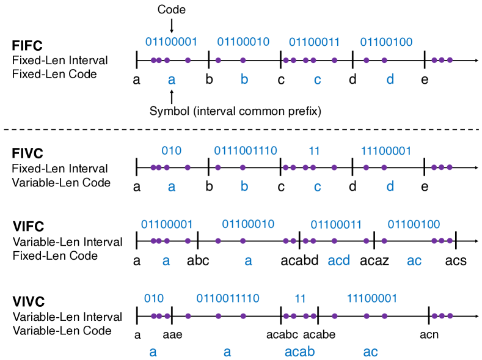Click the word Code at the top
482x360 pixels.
click(x=172, y=10)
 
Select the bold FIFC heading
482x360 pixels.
click(x=27, y=46)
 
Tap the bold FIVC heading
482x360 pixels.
click(x=27, y=155)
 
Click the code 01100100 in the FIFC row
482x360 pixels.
click(x=387, y=42)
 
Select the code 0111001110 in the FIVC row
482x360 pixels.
click(x=246, y=150)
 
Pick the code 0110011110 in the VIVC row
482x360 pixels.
click(x=227, y=298)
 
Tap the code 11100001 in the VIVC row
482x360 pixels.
click(x=371, y=298)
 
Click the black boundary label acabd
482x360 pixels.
click(x=299, y=261)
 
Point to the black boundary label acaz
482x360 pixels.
click(x=374, y=261)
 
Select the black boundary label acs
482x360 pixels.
click(x=456, y=261)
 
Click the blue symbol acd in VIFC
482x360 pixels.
click(x=339, y=261)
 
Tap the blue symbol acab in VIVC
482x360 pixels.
click(x=299, y=352)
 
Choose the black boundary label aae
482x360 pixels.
click(x=173, y=335)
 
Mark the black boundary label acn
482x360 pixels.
click(x=429, y=335)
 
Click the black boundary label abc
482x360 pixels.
click(x=198, y=261)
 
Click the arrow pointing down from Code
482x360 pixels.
click(x=172, y=25)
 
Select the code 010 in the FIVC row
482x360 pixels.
click(x=172, y=150)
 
